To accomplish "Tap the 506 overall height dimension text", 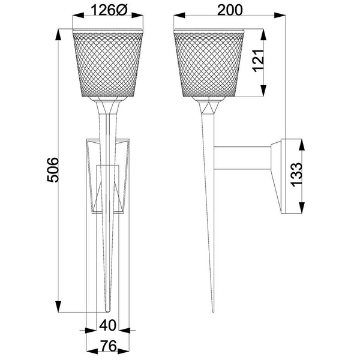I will (53, 171).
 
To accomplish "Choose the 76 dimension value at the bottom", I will (107, 347).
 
